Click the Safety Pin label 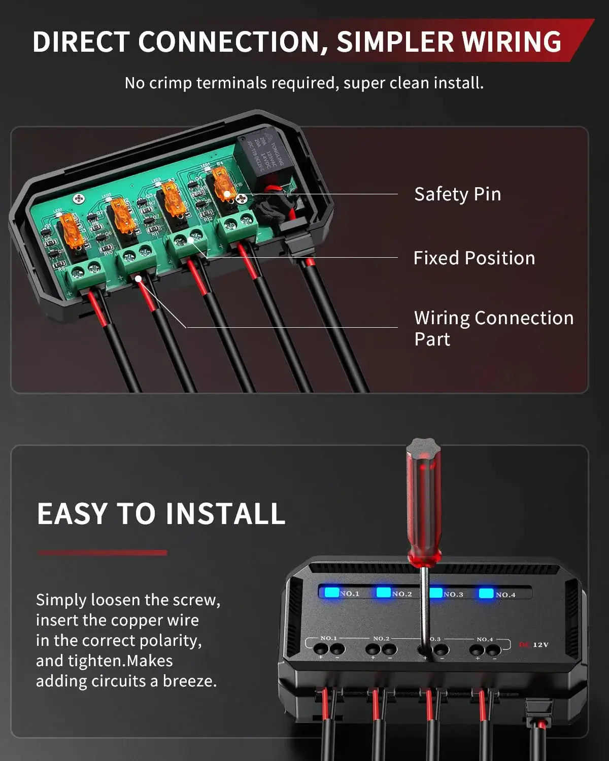(x=457, y=194)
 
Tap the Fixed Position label (x=474, y=258)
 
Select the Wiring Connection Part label (x=493, y=328)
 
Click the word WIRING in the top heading (x=512, y=42)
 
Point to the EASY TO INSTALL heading (x=161, y=513)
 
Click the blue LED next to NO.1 (x=332, y=592)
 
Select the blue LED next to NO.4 (x=486, y=593)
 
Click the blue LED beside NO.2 (x=384, y=592)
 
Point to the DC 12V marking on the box (x=534, y=645)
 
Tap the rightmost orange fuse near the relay (x=223, y=185)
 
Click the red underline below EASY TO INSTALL (x=102, y=552)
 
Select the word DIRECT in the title (x=81, y=42)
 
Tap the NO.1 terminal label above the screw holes (x=329, y=638)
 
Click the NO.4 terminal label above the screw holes (x=485, y=639)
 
